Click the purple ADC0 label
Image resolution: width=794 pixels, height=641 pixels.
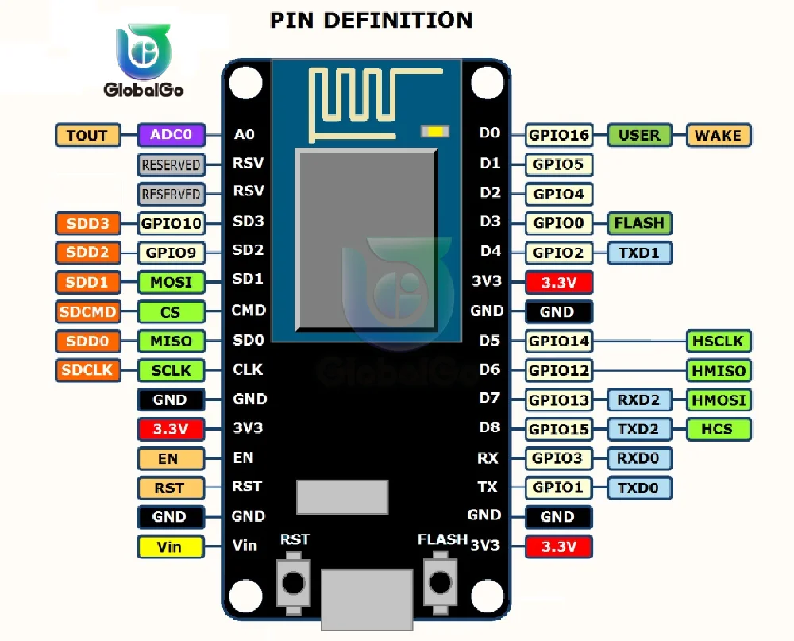pyautogui.click(x=172, y=135)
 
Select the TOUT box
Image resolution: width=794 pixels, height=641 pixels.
pyautogui.click(x=87, y=135)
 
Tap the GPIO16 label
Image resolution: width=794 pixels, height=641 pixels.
pyautogui.click(x=559, y=135)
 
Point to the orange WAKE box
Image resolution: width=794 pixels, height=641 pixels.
pyautogui.click(x=718, y=135)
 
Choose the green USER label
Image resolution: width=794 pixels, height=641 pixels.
pyautogui.click(x=639, y=135)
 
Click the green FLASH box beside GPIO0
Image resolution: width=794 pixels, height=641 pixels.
pyautogui.click(x=639, y=223)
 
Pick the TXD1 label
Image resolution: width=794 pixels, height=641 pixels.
pyautogui.click(x=639, y=253)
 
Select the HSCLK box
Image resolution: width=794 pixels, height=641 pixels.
pyautogui.click(x=718, y=341)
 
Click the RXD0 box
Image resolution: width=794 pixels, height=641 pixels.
pyautogui.click(x=639, y=458)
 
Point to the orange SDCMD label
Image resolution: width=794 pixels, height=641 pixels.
pyautogui.click(x=87, y=311)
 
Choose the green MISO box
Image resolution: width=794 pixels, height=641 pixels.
pyautogui.click(x=171, y=342)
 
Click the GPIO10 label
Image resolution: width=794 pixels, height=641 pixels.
pyautogui.click(x=171, y=223)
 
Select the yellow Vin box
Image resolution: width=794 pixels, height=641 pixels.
pyautogui.click(x=170, y=546)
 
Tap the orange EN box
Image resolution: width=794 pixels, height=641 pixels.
pyautogui.click(x=170, y=459)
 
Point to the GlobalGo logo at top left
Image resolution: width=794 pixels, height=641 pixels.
pyautogui.click(x=144, y=60)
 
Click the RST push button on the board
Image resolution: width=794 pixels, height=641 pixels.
pyautogui.click(x=294, y=582)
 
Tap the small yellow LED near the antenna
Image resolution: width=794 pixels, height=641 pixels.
pyautogui.click(x=434, y=131)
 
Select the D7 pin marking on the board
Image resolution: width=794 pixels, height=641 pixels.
pyautogui.click(x=490, y=398)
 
